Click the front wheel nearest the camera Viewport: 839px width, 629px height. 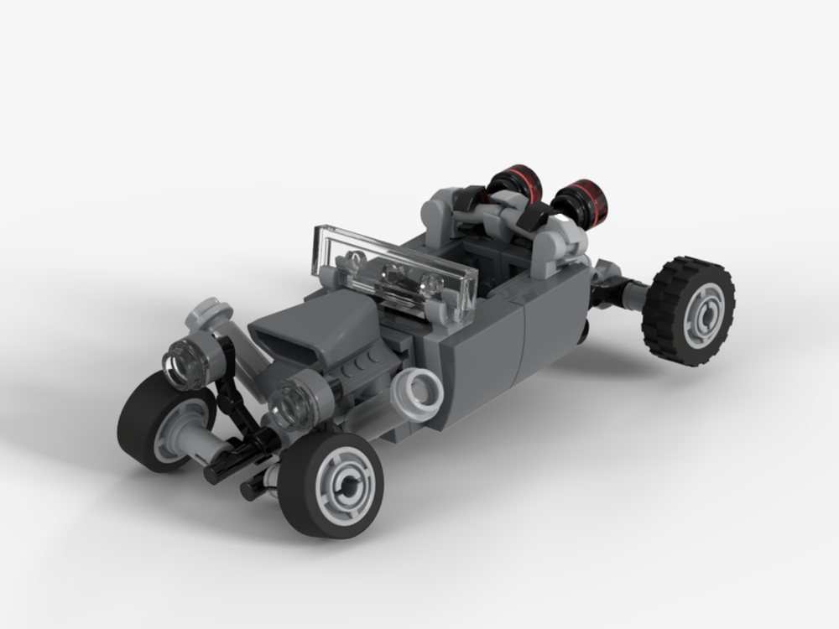coord(331,485)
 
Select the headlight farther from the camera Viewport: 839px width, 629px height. coord(185,363)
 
